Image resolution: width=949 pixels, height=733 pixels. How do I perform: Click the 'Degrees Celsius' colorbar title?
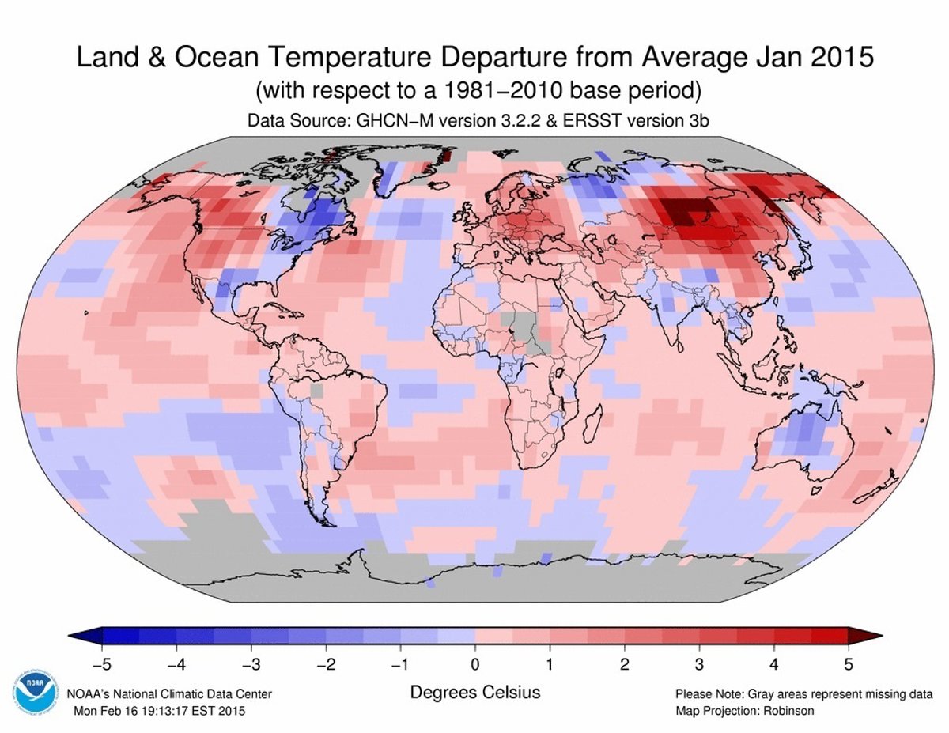tap(475, 693)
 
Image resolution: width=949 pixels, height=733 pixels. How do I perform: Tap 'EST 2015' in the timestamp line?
tap(221, 711)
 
